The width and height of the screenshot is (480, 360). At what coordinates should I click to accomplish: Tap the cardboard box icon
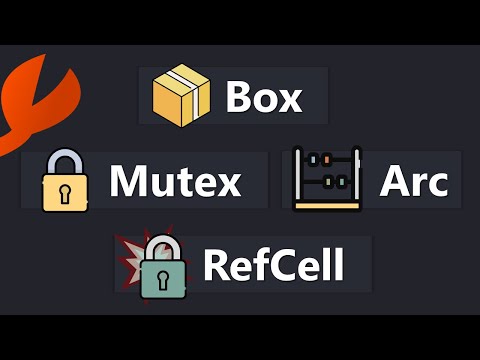tap(180, 96)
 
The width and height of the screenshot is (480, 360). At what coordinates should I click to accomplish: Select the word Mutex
tap(175, 182)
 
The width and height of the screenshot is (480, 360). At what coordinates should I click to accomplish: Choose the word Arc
tap(413, 182)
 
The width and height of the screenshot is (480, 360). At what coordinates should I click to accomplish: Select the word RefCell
tap(273, 266)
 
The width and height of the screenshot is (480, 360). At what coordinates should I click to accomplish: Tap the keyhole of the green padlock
tap(162, 277)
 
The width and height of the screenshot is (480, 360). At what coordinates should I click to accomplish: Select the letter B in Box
tap(238, 97)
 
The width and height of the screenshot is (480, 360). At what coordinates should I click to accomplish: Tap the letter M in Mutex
tap(128, 182)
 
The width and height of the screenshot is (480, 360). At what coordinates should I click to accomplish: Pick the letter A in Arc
tap(392, 182)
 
